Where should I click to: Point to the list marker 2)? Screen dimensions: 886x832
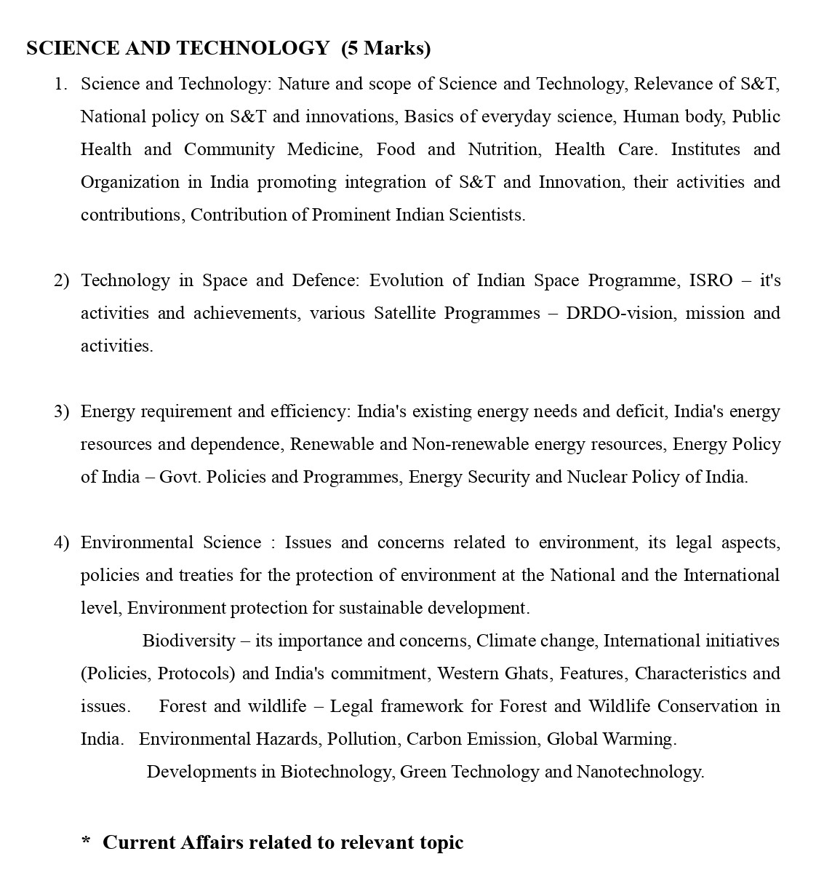(61, 281)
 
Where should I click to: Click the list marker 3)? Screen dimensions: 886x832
(61, 412)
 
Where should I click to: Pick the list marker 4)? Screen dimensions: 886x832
(61, 543)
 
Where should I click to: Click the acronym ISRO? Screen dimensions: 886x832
(711, 281)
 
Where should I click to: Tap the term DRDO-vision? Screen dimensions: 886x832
(619, 314)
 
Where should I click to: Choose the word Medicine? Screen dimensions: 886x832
(323, 150)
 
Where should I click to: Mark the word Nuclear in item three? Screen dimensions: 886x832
(596, 478)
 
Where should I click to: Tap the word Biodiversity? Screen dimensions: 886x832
(188, 641)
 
